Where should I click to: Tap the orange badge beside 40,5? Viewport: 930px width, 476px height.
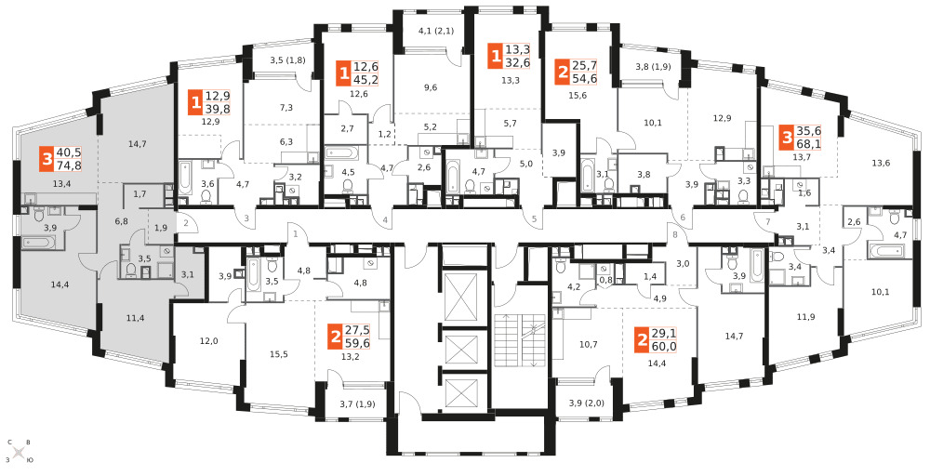46,159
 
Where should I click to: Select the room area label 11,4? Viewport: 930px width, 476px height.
134,318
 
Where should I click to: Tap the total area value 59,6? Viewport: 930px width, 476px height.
357,343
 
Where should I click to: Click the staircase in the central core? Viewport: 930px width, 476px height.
520,340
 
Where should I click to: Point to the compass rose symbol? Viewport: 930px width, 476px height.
19,452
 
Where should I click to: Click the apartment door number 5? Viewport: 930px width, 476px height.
534,220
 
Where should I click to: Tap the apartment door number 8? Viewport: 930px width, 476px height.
675,233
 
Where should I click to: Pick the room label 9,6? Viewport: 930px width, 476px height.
431,87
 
